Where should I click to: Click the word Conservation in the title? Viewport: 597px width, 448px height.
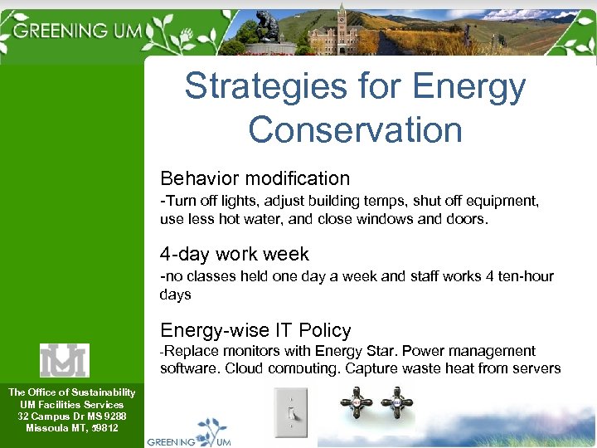point(355,130)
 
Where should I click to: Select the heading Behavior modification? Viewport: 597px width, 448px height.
point(255,178)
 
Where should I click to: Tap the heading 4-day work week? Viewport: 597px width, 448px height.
point(235,254)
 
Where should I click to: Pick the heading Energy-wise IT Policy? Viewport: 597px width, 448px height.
point(255,330)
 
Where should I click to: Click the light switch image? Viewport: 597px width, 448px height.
point(290,411)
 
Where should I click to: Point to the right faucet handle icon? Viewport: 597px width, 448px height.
point(397,405)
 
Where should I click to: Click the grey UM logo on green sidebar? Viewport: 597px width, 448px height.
point(65,360)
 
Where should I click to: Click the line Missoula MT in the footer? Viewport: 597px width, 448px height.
point(71,428)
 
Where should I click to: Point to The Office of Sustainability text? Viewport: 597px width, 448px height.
point(71,392)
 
